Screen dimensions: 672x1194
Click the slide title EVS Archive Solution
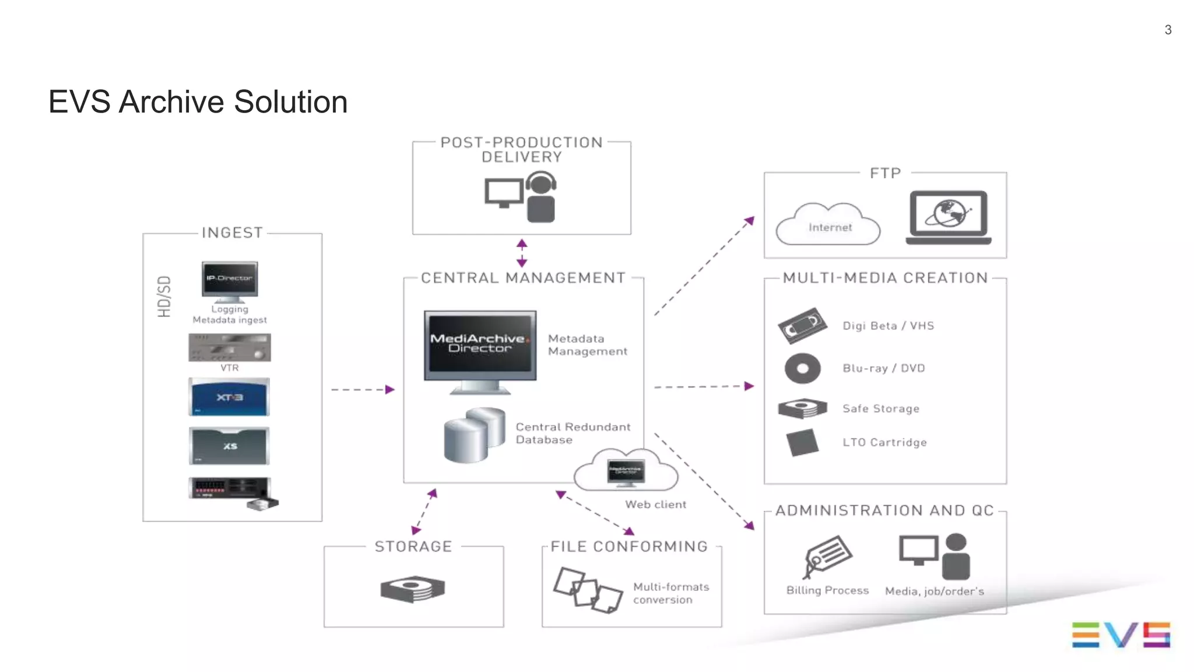(198, 102)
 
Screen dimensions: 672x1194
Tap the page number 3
(1168, 30)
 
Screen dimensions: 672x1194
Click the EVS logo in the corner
(1121, 635)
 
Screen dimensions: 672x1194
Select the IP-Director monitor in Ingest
(230, 279)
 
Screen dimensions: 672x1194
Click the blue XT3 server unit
(229, 397)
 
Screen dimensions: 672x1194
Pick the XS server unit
(229, 446)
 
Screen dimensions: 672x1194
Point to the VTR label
(230, 368)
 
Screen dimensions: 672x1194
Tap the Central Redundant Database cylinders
(474, 434)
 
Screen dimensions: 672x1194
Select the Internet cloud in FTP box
(828, 226)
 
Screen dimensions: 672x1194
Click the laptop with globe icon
(949, 217)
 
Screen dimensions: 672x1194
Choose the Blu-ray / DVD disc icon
(802, 368)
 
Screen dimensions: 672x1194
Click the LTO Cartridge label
(884, 442)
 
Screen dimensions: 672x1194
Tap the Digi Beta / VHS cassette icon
(802, 325)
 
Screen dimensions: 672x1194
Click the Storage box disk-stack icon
(413, 589)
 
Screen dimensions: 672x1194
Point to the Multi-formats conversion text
(670, 593)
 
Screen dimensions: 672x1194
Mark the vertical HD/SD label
(164, 297)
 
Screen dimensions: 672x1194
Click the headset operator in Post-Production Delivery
(541, 198)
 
